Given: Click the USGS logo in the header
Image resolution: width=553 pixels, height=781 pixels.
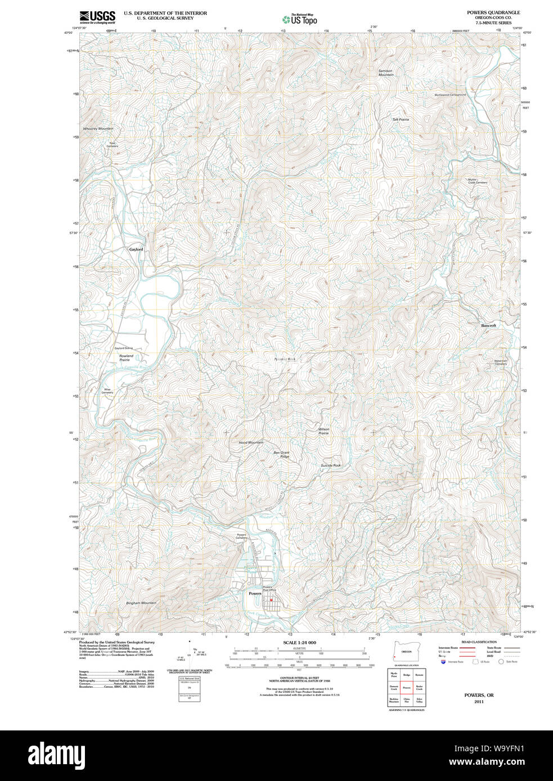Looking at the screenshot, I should point(97,17).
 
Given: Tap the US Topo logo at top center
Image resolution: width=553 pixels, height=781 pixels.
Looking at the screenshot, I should point(300,20).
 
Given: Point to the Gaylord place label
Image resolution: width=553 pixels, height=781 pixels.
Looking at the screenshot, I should point(136,249).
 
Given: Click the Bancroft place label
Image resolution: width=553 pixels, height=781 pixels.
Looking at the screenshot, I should point(488,326).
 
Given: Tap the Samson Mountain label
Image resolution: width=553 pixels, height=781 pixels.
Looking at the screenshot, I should point(385,73).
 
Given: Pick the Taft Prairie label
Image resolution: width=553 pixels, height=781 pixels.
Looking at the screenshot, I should point(401,120).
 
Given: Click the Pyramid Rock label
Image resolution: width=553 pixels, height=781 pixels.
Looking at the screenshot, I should point(285,359).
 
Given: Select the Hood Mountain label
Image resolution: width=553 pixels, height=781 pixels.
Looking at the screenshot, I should point(251,443).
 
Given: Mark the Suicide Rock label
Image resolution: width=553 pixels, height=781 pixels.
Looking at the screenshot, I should point(330,466).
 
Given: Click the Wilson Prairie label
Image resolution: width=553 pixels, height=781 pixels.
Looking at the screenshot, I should point(323,431).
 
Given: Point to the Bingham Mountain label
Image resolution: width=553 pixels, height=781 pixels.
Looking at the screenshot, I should point(141,603).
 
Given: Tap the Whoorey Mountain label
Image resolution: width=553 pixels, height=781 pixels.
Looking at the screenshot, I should point(98,129).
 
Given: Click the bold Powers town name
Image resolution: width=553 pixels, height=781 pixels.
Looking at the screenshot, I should point(255,593).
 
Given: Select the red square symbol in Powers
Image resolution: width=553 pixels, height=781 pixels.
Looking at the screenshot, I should point(271,600).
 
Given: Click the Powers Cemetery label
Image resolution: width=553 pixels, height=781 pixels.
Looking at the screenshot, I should point(241,536).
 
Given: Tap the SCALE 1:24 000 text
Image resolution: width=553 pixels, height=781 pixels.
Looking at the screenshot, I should point(299,642).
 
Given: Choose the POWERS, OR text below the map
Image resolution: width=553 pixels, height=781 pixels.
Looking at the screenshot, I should point(479,695).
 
